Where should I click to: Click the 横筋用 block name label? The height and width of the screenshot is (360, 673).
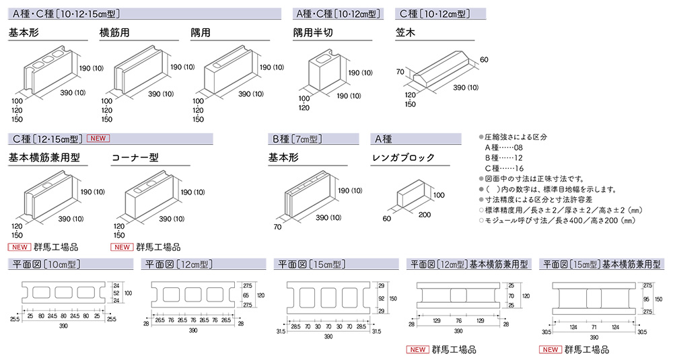116,32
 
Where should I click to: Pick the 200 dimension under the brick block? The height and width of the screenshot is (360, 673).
424,215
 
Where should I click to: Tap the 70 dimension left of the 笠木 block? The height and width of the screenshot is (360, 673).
400,71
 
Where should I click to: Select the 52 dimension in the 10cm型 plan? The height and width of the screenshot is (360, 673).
115,293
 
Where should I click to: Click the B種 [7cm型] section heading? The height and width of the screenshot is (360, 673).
296,139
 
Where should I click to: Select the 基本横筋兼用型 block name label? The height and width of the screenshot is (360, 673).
44,158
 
